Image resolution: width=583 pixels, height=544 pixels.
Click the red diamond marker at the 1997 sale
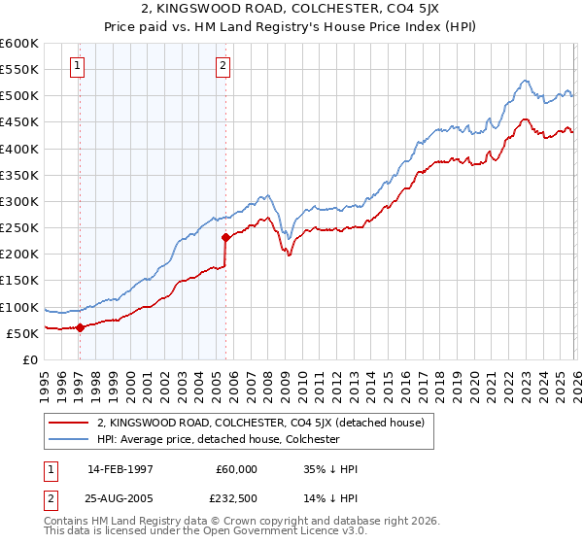point(80,327)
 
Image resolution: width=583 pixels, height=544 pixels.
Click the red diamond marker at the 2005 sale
point(225,236)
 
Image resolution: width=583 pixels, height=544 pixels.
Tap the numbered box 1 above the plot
point(77,66)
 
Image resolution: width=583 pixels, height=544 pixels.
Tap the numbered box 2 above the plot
point(223,66)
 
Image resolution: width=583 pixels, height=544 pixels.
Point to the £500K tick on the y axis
point(19,96)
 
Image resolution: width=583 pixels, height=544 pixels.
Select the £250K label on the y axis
point(19,228)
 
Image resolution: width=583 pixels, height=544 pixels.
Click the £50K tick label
point(22,333)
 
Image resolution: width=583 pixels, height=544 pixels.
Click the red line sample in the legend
point(68,423)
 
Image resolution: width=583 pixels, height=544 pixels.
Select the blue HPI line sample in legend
point(68,439)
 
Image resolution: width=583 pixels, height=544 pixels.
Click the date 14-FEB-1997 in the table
point(120,469)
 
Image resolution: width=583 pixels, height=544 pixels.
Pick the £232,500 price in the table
point(236,497)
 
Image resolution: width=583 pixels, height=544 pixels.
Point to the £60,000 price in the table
point(236,469)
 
